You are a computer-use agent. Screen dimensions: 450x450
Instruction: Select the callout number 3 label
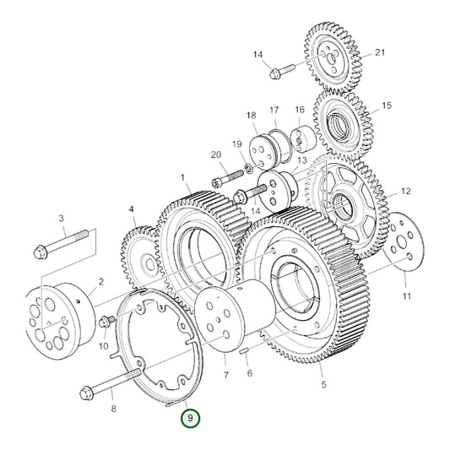62,219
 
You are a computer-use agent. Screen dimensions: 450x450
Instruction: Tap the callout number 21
380,52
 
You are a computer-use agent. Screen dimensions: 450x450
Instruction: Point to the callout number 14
258,55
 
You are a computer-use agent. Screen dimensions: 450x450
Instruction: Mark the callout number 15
387,106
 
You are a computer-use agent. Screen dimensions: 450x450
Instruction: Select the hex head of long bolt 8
89,392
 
